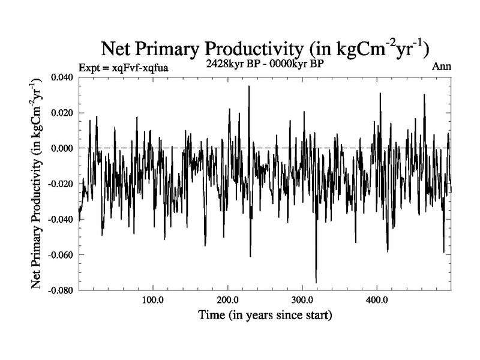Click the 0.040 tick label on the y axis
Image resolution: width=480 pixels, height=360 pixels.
64,77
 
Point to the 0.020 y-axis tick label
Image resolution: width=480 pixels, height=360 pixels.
64,113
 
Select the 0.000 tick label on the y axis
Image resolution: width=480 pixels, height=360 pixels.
64,148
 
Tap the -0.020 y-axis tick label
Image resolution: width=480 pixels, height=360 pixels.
62,184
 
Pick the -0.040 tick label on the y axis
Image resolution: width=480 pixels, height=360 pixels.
62,219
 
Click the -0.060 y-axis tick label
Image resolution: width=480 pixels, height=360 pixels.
62,254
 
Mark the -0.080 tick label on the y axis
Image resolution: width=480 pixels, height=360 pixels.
62,290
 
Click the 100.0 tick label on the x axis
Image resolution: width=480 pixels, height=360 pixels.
153,300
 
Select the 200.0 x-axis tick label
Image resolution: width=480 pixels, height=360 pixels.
228,300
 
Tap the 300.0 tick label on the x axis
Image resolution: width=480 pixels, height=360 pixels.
302,300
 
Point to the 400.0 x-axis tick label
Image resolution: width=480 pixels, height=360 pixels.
377,300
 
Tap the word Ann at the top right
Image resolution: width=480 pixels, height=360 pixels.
441,67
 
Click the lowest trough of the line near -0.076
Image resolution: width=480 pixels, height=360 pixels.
316,282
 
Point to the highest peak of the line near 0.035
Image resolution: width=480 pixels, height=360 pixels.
249,86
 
